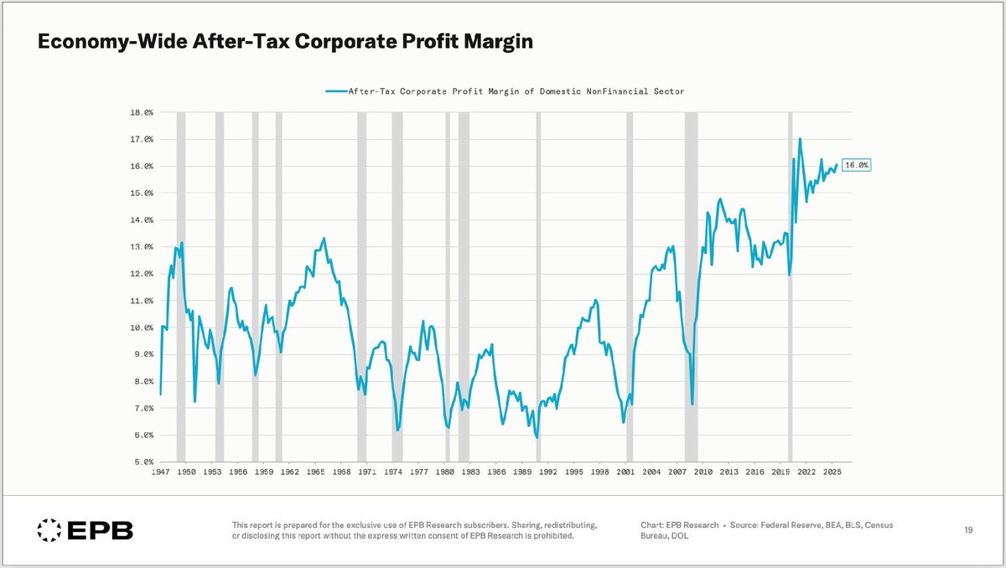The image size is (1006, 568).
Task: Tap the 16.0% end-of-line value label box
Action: click(x=855, y=166)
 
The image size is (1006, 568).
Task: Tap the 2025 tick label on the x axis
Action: click(x=832, y=472)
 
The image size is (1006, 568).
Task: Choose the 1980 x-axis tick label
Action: click(x=445, y=472)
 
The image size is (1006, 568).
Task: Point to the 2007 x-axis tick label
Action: click(x=677, y=472)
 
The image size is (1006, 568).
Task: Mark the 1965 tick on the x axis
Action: click(x=315, y=472)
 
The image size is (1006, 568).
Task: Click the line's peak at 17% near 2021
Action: click(x=800, y=139)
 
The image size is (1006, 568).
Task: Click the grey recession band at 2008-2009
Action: click(x=691, y=285)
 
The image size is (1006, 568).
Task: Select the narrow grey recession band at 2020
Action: click(x=790, y=285)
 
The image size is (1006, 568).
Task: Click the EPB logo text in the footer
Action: click(x=100, y=530)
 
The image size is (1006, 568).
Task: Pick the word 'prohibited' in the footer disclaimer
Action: click(x=547, y=536)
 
